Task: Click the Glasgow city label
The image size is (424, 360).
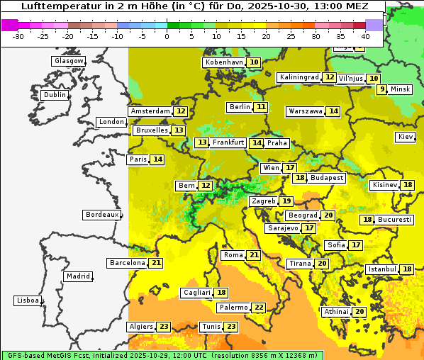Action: [69, 61]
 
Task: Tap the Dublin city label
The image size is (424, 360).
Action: [55, 95]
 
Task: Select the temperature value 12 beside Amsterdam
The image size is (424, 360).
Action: [181, 111]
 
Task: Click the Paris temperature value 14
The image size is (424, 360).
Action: [157, 159]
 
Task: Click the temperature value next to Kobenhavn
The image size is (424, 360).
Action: [253, 62]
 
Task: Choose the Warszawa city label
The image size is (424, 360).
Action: [305, 111]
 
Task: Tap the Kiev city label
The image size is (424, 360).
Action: [406, 137]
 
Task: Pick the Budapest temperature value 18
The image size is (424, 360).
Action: [301, 178]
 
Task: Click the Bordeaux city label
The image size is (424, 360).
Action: [102, 215]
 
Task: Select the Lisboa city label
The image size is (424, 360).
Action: [27, 300]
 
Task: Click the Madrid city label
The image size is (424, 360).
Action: [78, 276]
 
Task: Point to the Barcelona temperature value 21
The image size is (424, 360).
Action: [156, 263]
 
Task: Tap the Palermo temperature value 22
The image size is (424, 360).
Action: [259, 308]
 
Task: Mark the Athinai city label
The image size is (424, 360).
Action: [336, 312]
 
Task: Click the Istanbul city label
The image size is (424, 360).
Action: [381, 269]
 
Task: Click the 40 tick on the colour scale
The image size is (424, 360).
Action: [365, 35]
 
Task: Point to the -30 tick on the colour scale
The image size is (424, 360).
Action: [19, 35]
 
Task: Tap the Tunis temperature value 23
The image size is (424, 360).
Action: [231, 327]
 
